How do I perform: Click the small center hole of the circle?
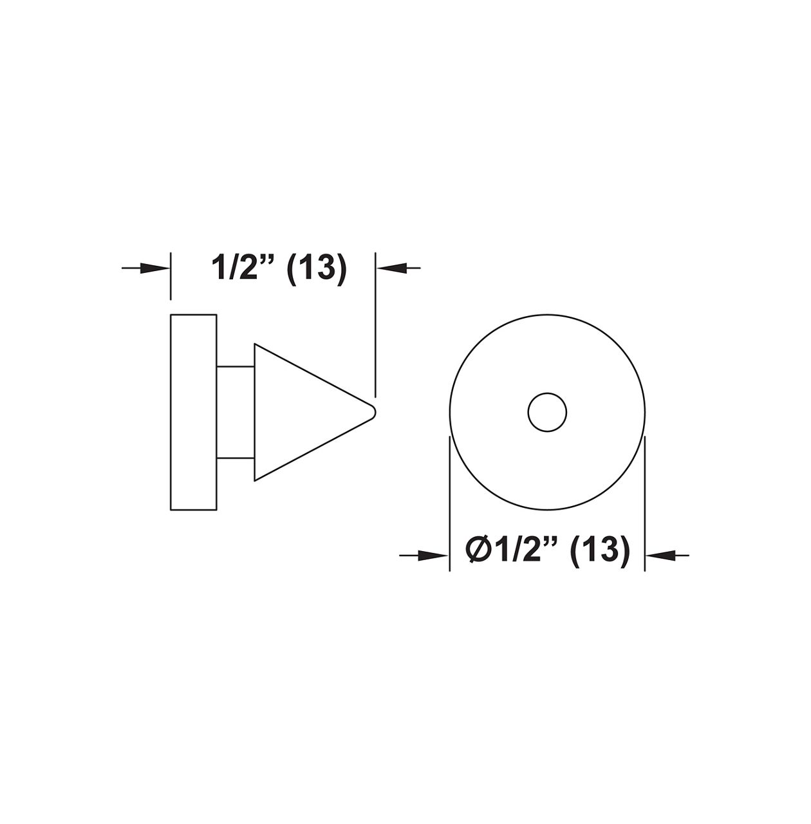pyautogui.click(x=547, y=412)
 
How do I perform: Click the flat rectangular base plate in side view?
pyautogui.click(x=193, y=412)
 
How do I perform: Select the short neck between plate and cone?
pyautogui.click(x=236, y=412)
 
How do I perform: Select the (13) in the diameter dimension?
pyautogui.click(x=598, y=552)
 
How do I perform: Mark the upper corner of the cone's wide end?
pyautogui.click(x=256, y=344)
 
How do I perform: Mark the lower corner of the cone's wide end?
pyautogui.click(x=256, y=480)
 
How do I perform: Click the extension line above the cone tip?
pyautogui.click(x=375, y=322)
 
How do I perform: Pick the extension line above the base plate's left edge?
pyautogui.click(x=171, y=277)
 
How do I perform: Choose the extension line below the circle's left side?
pyautogui.click(x=449, y=502)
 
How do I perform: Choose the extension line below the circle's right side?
pyautogui.click(x=645, y=502)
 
